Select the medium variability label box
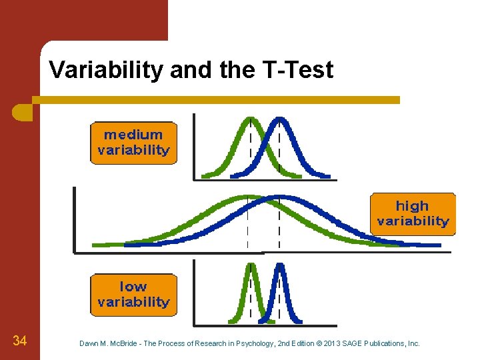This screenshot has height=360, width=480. (133, 143)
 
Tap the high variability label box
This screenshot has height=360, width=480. (413, 213)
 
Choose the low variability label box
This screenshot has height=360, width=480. (133, 295)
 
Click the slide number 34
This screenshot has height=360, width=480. (20, 342)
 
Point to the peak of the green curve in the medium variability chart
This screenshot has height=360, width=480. (250, 119)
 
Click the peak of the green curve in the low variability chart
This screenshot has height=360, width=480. (251, 265)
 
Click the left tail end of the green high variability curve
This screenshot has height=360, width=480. (95, 245)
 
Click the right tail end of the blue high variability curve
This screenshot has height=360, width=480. (438, 245)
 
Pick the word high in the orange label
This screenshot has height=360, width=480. (412, 206)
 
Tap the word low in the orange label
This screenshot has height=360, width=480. (133, 287)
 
